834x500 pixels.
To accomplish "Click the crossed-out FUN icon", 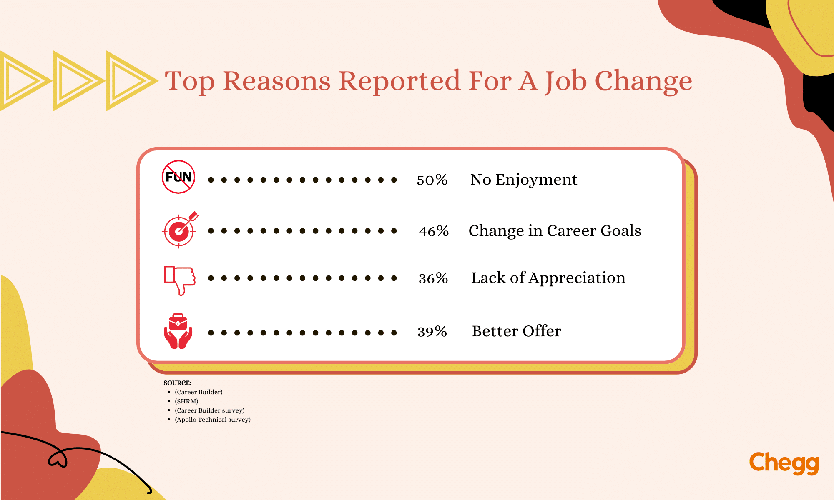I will (178, 177).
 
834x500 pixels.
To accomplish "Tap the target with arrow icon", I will (179, 230).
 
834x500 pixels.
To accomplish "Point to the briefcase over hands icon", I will (178, 331).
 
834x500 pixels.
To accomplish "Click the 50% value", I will (432, 180).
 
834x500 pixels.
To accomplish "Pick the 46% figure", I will (434, 231).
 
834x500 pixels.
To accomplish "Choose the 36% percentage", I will (433, 278).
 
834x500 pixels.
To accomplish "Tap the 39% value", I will (432, 332).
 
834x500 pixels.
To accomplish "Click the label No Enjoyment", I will (523, 180).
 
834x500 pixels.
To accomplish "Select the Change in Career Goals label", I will (555, 231).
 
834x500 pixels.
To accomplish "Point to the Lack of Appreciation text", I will (548, 278).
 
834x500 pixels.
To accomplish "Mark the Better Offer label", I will (516, 331).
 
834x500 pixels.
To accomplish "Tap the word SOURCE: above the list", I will (177, 383).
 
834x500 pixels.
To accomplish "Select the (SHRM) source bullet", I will (186, 401).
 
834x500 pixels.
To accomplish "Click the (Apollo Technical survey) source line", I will (213, 420).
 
